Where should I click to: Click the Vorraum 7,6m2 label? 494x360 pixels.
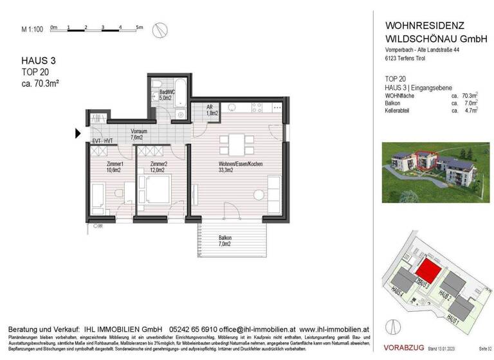coord(139,134)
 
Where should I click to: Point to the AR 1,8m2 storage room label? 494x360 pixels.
coord(210,110)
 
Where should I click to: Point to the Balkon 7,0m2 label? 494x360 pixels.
coord(224,241)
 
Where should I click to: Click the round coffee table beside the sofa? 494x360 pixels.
coord(259,195)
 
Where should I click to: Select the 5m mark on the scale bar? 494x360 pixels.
coord(140,28)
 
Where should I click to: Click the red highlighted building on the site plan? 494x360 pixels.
coord(427,270)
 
